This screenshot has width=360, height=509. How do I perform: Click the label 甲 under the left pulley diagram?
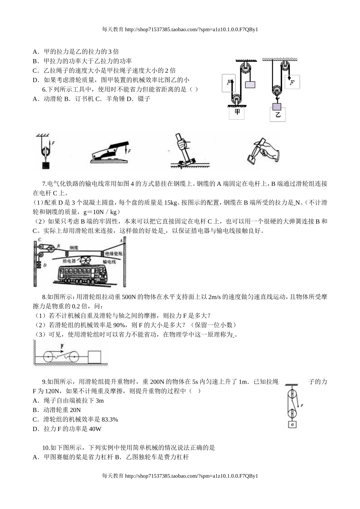[x=237, y=112]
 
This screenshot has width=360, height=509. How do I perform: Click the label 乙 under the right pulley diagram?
[x=278, y=114]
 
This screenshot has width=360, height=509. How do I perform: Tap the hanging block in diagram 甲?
[x=250, y=84]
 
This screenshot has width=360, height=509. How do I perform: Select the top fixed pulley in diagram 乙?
[x=285, y=67]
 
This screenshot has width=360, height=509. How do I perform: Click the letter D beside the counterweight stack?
[x=45, y=265]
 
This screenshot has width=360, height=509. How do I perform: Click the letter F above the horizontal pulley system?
[x=61, y=346]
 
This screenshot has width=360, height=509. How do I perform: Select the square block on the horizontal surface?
[x=94, y=357]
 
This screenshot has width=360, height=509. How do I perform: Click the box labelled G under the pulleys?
[x=292, y=425]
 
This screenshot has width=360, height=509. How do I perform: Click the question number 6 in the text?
[x=44, y=89]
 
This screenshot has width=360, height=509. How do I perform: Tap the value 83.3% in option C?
[x=108, y=419]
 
